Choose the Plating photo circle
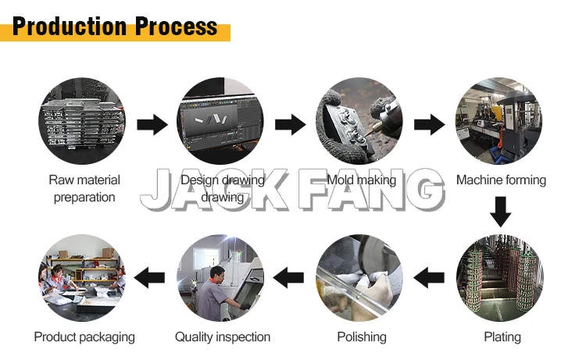[499, 277]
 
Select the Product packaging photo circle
[83, 277]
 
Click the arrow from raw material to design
[152, 123]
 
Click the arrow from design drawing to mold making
[290, 123]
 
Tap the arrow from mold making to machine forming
[429, 123]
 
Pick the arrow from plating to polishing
[429, 276]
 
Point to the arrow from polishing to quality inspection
[290, 276]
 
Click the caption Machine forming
[501, 180]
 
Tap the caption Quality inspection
[223, 337]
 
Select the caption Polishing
[361, 337]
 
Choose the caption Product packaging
[84, 337]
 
